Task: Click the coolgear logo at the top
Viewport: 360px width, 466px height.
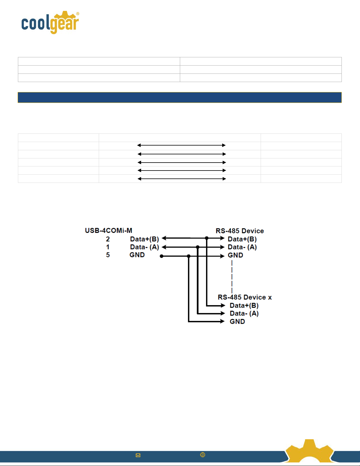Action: point(50,23)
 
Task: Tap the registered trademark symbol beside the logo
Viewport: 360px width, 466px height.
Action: point(78,14)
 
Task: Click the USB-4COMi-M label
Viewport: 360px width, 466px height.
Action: point(108,231)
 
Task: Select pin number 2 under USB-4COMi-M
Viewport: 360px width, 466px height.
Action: point(108,239)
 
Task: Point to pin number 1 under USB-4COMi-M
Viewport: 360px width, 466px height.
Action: point(108,247)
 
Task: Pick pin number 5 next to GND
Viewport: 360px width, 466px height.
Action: point(108,255)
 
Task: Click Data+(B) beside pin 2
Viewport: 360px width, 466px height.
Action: point(144,239)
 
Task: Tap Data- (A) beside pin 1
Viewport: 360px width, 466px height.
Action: point(144,247)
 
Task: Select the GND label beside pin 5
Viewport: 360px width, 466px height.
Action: point(137,255)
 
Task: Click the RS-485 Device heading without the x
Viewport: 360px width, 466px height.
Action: point(240,231)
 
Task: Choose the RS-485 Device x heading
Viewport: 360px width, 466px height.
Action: point(245,297)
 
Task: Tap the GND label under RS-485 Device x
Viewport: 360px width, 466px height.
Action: point(237,321)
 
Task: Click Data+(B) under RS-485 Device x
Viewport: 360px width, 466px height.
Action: point(244,305)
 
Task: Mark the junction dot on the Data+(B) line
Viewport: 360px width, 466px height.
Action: point(207,238)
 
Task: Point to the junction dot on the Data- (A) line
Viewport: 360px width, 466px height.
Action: point(198,247)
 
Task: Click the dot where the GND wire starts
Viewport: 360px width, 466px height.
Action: point(162,256)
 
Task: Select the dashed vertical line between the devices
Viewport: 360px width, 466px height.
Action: point(232,276)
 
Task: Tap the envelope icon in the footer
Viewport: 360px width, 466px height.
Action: point(138,455)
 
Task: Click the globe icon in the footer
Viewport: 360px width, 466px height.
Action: point(202,455)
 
